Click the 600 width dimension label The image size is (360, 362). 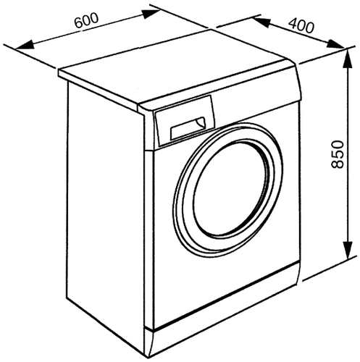[86, 20]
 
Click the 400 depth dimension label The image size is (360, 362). [301, 25]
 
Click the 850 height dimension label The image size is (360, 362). [337, 154]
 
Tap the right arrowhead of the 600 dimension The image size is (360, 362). [150, 14]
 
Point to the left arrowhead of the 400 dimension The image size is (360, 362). [261, 22]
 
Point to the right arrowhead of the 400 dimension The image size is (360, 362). [336, 44]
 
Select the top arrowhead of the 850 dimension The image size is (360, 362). [348, 59]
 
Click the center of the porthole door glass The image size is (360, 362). [231, 188]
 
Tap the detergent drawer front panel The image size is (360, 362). [185, 121]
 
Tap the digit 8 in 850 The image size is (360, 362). [337, 164]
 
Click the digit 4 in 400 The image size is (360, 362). [293, 22]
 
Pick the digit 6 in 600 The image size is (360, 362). [78, 22]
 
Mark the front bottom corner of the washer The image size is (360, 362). [148, 358]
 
